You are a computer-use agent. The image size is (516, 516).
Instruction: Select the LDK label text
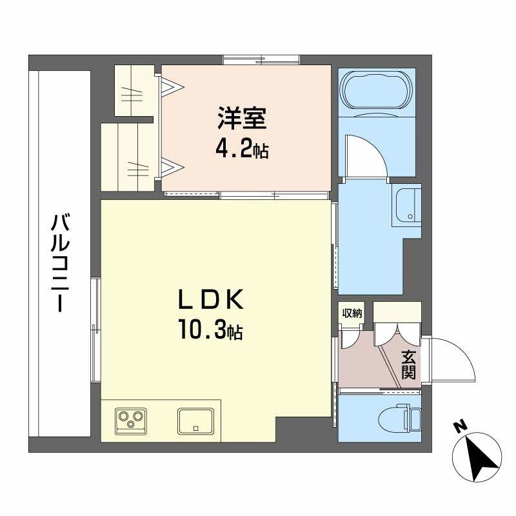coord(210,300)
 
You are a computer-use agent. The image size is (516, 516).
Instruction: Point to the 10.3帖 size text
coord(210,332)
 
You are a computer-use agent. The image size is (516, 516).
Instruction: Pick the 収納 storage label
coord(352,313)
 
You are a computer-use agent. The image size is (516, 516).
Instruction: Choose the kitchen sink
coord(195,421)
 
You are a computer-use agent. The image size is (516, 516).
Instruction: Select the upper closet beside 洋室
coord(133,90)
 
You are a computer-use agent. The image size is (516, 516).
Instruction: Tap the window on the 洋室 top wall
coord(261,60)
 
